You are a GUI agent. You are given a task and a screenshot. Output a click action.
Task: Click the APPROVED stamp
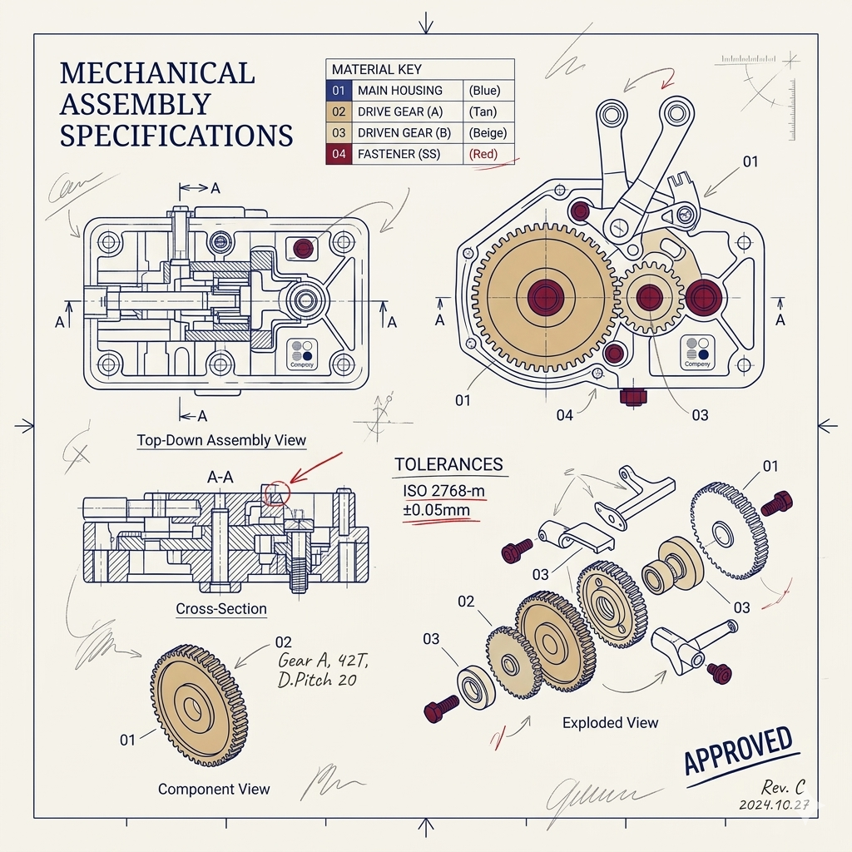pyautogui.click(x=738, y=750)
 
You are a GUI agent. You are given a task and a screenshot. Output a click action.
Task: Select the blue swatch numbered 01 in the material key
pyautogui.click(x=338, y=91)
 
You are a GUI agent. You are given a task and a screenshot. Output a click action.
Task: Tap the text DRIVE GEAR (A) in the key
pyautogui.click(x=399, y=111)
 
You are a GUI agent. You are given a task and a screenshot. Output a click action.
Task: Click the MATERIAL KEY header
pyautogui.click(x=377, y=69)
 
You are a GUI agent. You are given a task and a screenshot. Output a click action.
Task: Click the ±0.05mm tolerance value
pyautogui.click(x=436, y=510)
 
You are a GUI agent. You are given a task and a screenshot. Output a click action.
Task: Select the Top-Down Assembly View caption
pyautogui.click(x=221, y=440)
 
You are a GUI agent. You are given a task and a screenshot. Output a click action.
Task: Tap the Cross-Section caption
pyautogui.click(x=221, y=609)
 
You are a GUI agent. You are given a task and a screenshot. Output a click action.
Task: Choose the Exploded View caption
pyautogui.click(x=610, y=722)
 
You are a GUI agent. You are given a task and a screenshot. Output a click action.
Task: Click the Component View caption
pyautogui.click(x=214, y=789)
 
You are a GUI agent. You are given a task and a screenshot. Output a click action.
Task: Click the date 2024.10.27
pyautogui.click(x=774, y=805)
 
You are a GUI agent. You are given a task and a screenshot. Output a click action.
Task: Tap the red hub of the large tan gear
pyautogui.click(x=546, y=297)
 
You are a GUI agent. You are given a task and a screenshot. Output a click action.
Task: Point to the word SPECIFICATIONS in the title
pyautogui.click(x=176, y=136)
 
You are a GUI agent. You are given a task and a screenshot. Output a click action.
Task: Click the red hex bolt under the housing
pyautogui.click(x=633, y=396)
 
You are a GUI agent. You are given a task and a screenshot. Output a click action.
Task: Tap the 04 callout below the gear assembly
pyautogui.click(x=565, y=414)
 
